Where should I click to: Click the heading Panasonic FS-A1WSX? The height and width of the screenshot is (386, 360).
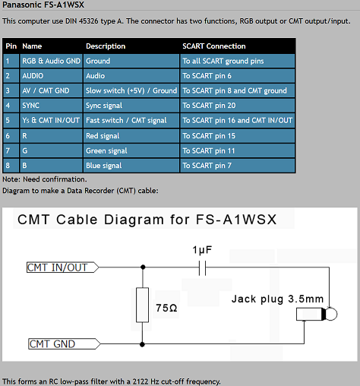(x=43, y=5)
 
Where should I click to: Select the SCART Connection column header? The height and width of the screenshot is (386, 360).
(x=214, y=46)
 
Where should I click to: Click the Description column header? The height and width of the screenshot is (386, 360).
(x=106, y=46)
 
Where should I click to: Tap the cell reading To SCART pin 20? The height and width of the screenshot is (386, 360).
(x=238, y=106)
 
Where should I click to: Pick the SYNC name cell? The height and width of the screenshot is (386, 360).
(x=51, y=106)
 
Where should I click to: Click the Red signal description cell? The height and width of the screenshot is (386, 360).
(x=131, y=136)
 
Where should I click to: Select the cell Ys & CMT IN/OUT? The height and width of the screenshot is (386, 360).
(x=51, y=120)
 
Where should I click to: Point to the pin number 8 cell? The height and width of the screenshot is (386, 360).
(x=11, y=166)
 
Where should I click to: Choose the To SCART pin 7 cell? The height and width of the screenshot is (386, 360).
(x=238, y=166)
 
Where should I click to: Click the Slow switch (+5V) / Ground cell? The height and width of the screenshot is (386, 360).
(x=131, y=90)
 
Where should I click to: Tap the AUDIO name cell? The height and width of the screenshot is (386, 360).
(x=51, y=76)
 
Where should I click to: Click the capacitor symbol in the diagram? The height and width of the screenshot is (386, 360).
(x=202, y=267)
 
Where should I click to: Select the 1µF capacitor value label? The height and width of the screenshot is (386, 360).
(x=202, y=250)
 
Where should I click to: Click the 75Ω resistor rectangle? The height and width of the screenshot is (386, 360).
(x=142, y=305)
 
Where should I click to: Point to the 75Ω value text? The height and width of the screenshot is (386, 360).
(x=166, y=308)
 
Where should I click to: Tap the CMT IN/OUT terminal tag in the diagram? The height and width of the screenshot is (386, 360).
(x=62, y=267)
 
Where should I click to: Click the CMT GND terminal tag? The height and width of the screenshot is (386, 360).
(x=65, y=344)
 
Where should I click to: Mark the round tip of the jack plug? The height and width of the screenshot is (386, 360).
(x=331, y=314)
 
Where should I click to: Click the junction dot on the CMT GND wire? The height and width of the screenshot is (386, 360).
(x=142, y=344)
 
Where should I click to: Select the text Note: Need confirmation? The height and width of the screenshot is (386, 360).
(x=45, y=179)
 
